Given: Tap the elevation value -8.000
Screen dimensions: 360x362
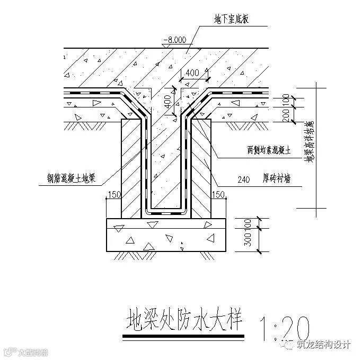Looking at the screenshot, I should point(174,39).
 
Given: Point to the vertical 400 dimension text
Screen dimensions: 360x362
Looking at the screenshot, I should point(168,100).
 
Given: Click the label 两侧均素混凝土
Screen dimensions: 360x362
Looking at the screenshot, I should point(270,151).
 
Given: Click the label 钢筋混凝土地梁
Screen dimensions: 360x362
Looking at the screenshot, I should point(70,179).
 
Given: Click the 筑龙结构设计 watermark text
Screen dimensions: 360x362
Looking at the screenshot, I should point(324,345).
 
